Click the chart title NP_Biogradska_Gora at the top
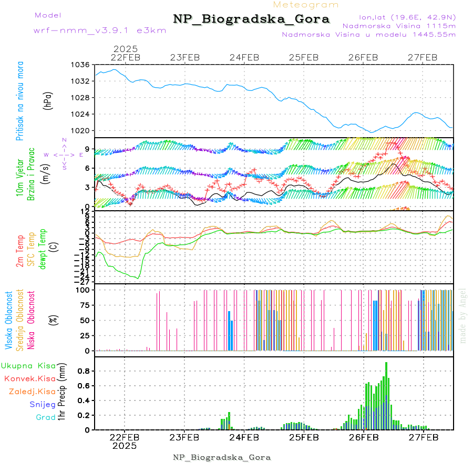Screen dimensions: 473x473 tap(251, 19)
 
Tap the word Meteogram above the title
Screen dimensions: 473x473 tap(306, 5)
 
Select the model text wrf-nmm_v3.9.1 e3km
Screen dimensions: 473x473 tap(100, 30)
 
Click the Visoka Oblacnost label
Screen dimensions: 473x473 tap(9, 321)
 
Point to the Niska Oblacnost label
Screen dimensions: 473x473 tap(31, 321)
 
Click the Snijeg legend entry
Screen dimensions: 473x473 tap(43, 404)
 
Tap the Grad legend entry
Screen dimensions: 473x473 tap(46, 417)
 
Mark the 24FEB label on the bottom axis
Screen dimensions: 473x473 tap(244, 437)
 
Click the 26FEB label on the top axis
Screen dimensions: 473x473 tap(363, 57)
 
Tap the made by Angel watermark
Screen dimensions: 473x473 tap(463, 315)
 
